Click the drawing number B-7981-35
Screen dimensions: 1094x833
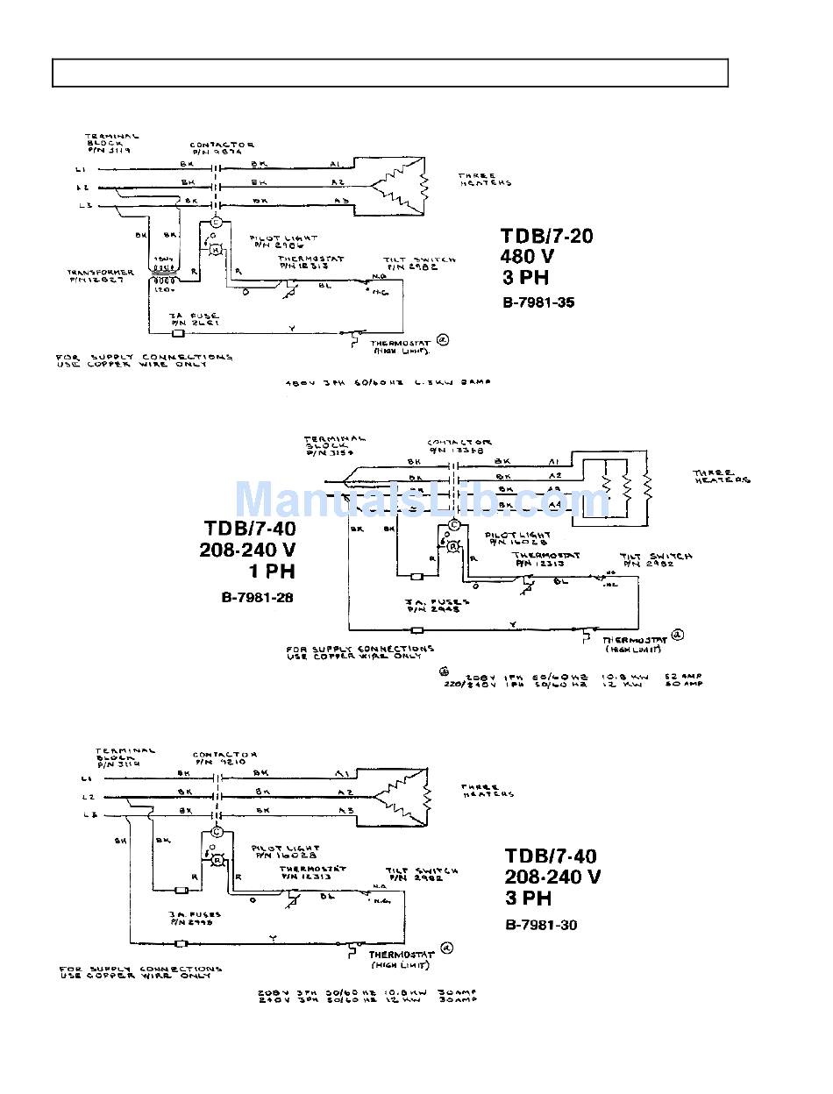[x=538, y=303]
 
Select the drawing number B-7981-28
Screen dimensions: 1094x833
[x=257, y=598]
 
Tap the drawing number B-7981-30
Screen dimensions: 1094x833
[x=541, y=925]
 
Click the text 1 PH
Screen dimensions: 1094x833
[x=273, y=572]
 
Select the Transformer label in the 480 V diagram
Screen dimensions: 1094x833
[x=102, y=275]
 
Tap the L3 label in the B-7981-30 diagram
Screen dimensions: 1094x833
[x=86, y=816]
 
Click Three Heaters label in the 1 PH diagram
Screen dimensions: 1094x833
[x=722, y=477]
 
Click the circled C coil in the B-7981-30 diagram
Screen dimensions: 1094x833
[x=217, y=832]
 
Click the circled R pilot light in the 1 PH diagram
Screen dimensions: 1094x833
[x=452, y=546]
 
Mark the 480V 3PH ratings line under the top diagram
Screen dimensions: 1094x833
[x=388, y=382]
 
